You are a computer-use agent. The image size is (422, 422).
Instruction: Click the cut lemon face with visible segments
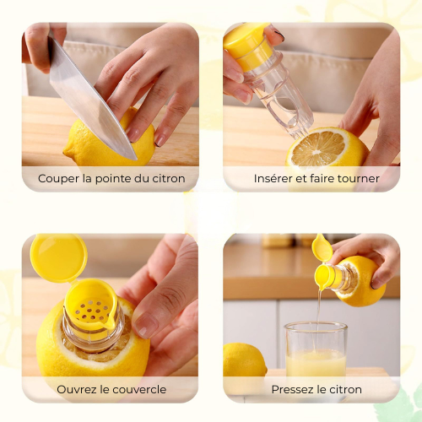318,149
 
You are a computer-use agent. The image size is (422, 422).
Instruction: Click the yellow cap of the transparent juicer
246,45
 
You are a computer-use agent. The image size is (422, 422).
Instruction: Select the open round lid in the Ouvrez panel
58,257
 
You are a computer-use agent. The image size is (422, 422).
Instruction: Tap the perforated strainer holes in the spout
90,311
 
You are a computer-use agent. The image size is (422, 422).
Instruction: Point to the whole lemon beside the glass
244,360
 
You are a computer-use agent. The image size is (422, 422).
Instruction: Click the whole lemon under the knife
110,141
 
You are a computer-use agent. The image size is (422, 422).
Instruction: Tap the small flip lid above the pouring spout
322,247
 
